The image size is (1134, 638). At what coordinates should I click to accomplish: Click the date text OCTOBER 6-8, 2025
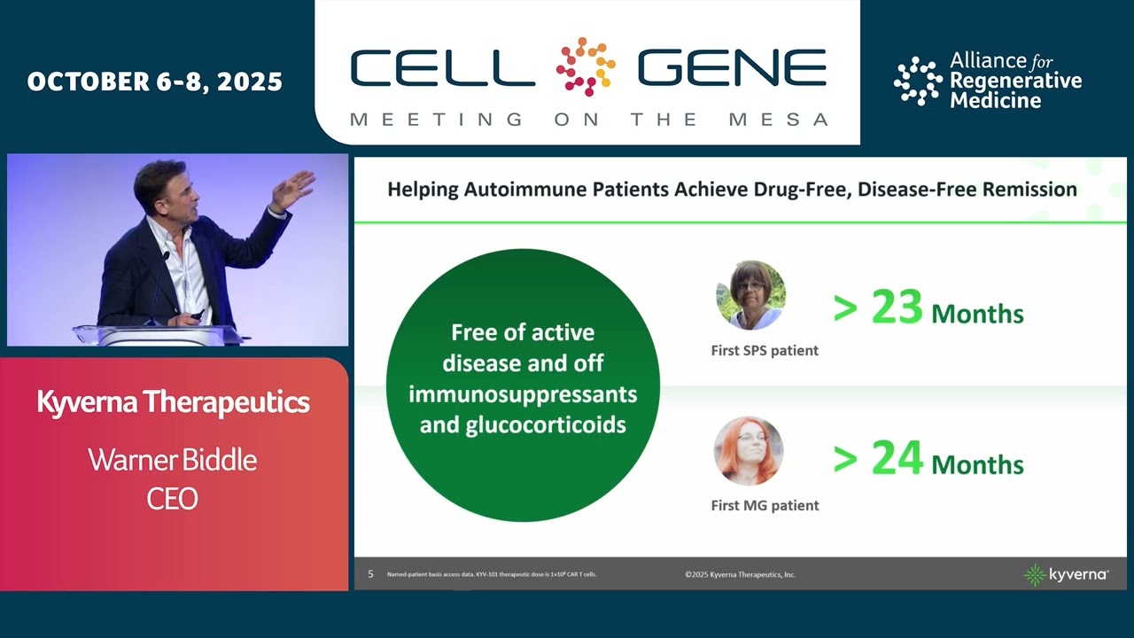pyautogui.click(x=155, y=82)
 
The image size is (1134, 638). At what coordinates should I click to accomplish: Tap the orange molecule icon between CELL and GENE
pyautogui.click(x=586, y=66)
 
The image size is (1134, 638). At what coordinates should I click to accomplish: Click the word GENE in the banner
pyautogui.click(x=732, y=67)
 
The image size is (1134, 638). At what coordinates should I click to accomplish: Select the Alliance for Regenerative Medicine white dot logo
pyautogui.click(x=917, y=82)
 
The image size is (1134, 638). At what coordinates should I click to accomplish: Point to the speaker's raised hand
pyautogui.click(x=295, y=189)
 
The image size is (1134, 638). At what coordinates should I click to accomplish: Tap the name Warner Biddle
pyautogui.click(x=173, y=460)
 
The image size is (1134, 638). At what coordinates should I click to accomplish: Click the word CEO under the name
pyautogui.click(x=173, y=499)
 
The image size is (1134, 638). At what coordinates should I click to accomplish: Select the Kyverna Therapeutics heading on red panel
pyautogui.click(x=173, y=402)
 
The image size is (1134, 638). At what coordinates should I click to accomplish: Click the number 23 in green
pyautogui.click(x=897, y=308)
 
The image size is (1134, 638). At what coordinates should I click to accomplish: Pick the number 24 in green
pyautogui.click(x=897, y=459)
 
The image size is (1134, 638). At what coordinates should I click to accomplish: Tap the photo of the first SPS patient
pyautogui.click(x=750, y=296)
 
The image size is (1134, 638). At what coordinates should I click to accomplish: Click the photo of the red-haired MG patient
pyautogui.click(x=750, y=451)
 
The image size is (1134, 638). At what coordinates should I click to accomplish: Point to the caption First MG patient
pyautogui.click(x=765, y=505)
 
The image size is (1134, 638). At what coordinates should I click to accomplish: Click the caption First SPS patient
pyautogui.click(x=765, y=350)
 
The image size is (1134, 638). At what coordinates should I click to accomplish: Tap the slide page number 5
pyautogui.click(x=370, y=574)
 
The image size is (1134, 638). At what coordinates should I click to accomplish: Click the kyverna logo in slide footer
pyautogui.click(x=1066, y=574)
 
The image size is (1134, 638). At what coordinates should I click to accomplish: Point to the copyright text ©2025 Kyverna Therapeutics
pyautogui.click(x=740, y=574)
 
